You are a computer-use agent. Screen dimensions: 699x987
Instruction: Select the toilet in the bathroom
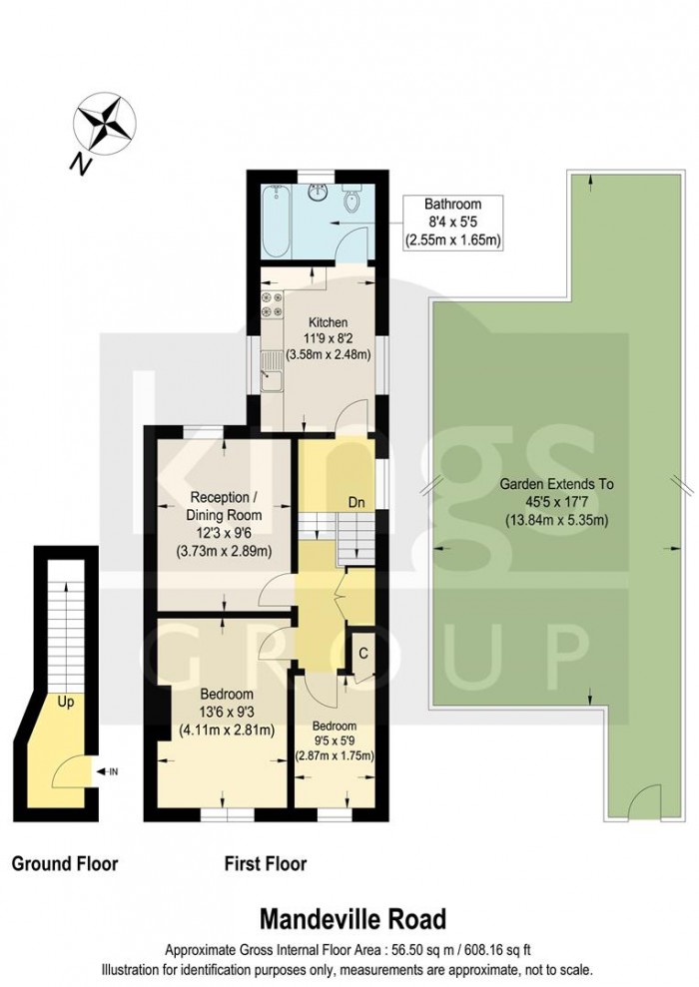point(351,199)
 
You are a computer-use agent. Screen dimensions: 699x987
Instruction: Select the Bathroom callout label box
point(452,223)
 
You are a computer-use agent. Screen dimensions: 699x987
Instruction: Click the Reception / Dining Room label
point(225,506)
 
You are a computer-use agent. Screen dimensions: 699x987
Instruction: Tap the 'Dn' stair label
point(357,502)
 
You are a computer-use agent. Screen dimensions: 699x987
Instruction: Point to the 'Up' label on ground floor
point(65,702)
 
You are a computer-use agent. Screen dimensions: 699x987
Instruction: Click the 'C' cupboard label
point(362,654)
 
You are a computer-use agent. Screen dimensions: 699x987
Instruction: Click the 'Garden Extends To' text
point(556,485)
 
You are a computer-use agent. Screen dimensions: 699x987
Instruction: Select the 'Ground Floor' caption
point(65,863)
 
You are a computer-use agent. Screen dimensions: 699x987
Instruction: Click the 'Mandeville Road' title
point(353,919)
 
